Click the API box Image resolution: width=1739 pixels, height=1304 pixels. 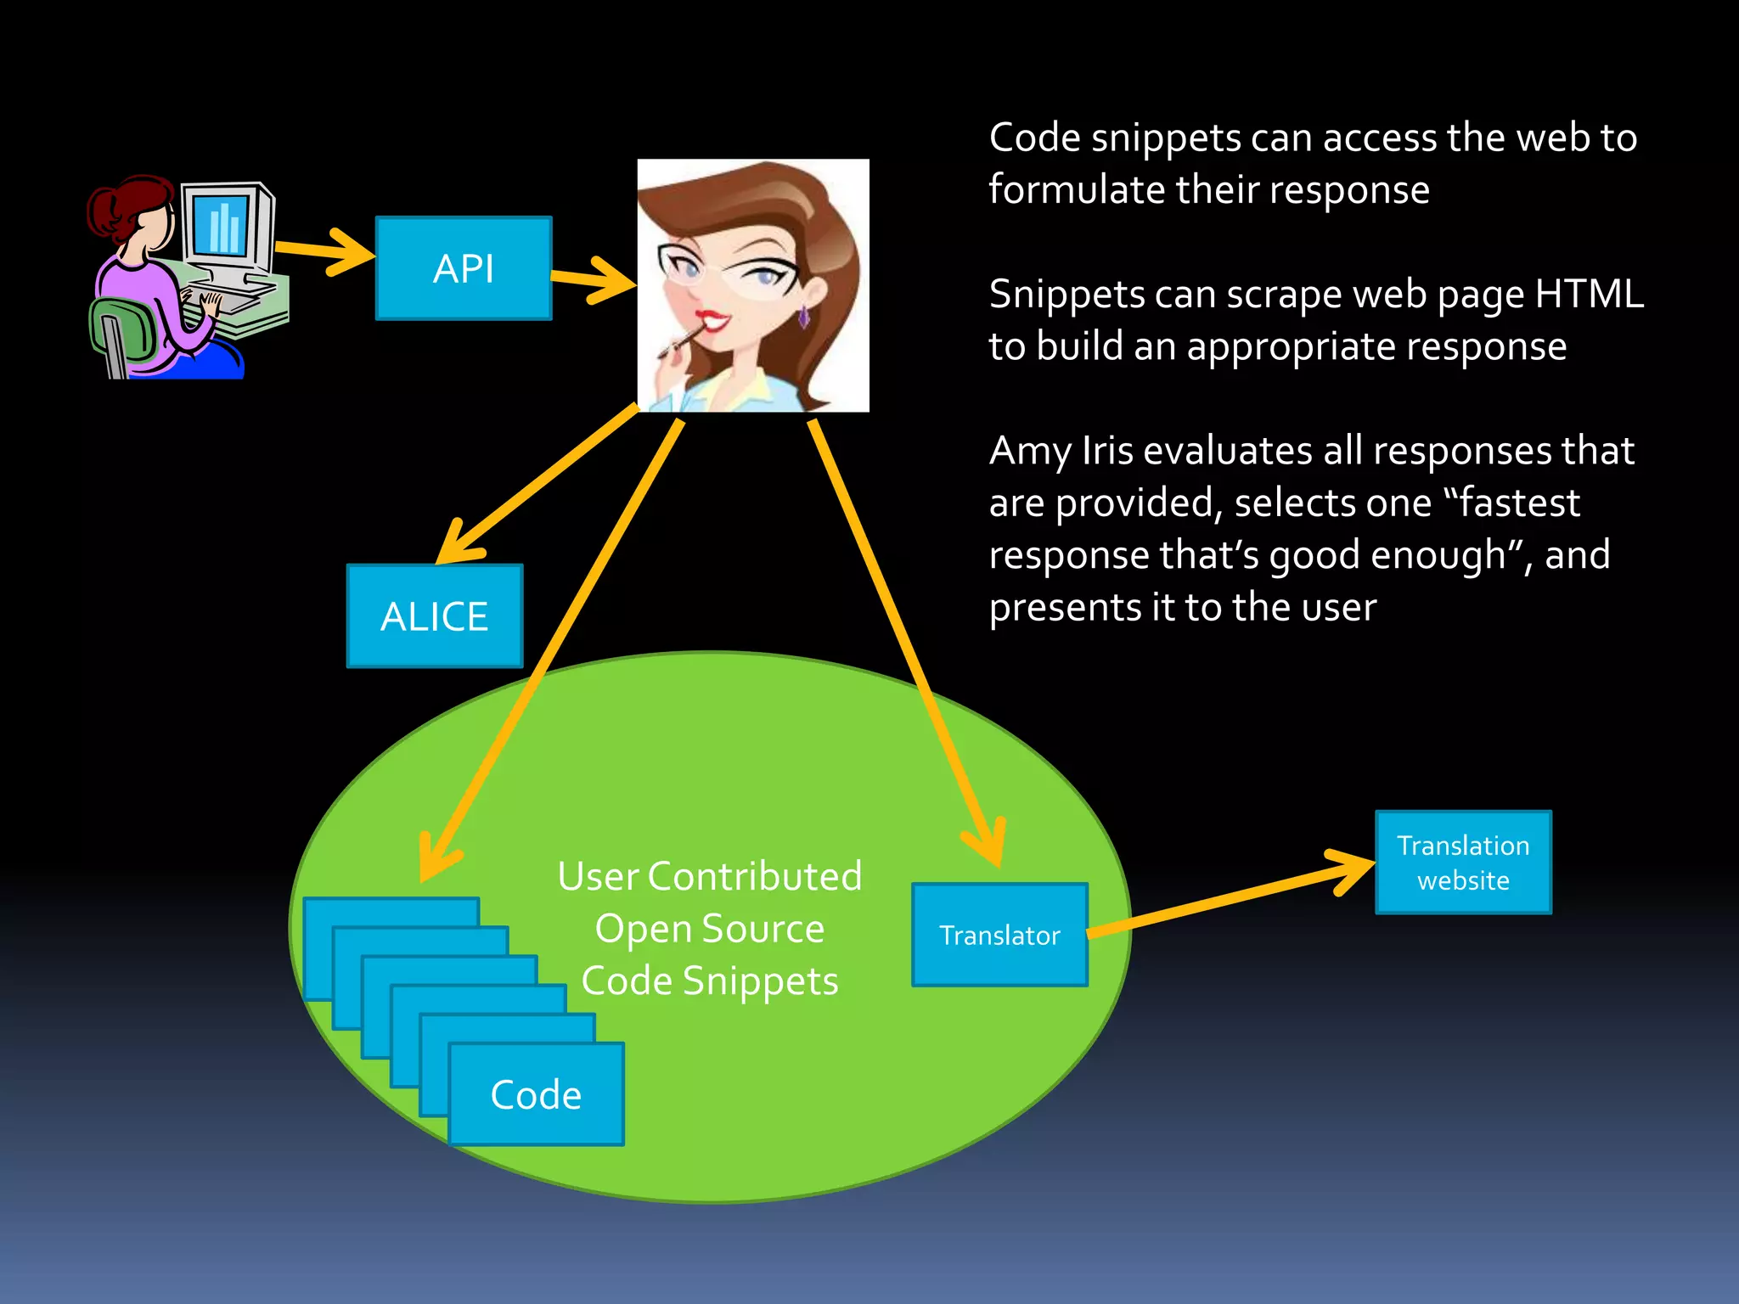(464, 268)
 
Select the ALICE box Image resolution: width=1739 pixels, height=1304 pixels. (435, 616)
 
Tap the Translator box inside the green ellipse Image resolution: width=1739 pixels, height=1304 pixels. (999, 935)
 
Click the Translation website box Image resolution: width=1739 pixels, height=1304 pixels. (1463, 863)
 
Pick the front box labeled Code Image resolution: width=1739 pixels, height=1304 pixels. (536, 1095)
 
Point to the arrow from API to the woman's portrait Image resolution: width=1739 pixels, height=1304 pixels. (594, 280)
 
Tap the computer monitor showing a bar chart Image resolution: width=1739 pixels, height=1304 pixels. (222, 225)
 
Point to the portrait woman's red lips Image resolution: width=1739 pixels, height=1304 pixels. (712, 321)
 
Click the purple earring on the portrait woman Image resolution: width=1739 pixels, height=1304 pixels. (803, 318)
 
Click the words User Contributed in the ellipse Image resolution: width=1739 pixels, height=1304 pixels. (709, 876)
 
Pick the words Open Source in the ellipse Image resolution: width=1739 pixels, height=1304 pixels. (709, 929)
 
